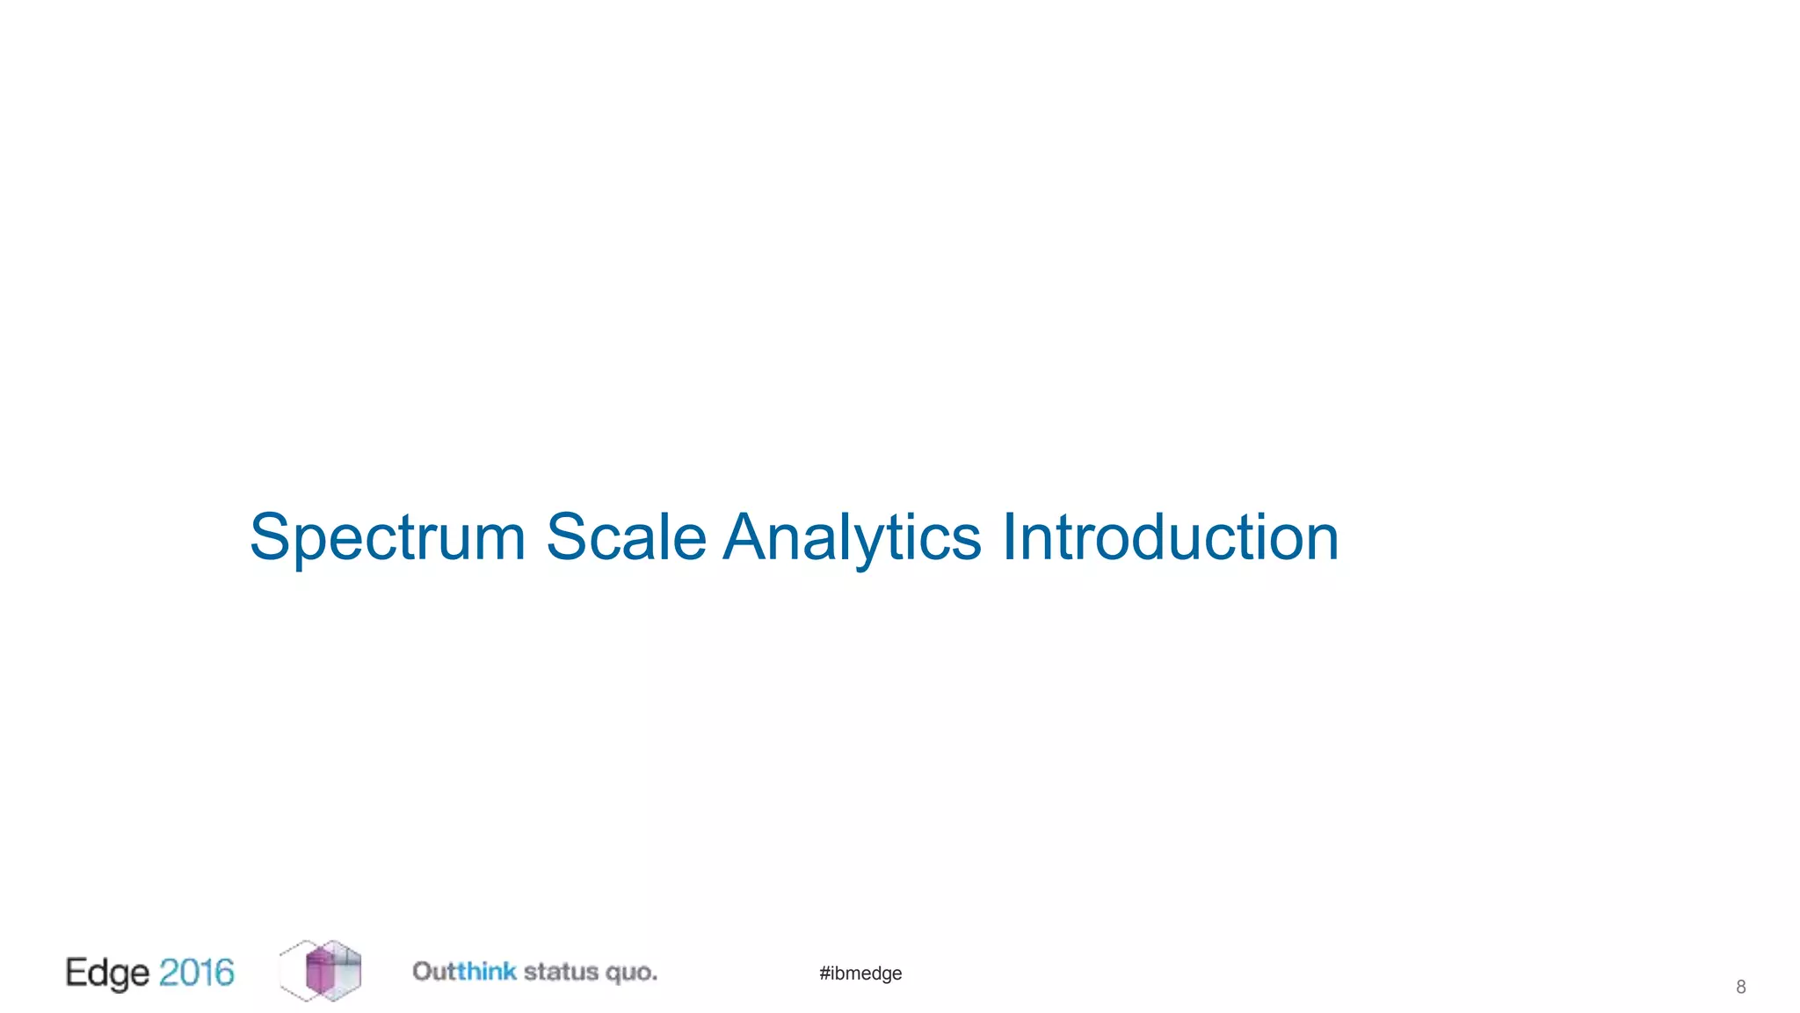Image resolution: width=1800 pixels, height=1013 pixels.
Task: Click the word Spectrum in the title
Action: (x=387, y=537)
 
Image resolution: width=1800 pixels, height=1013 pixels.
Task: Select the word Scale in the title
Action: (x=626, y=537)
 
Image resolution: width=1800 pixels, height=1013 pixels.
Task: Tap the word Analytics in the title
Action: (x=852, y=537)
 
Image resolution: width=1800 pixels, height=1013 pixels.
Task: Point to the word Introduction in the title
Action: (x=1170, y=537)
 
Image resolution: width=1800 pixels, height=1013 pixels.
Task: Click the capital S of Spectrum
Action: (x=270, y=537)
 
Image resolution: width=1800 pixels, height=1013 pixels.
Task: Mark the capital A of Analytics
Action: (x=747, y=537)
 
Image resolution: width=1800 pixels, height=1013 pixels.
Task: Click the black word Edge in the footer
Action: (x=107, y=973)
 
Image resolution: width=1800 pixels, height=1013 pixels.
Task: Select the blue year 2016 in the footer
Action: (x=197, y=973)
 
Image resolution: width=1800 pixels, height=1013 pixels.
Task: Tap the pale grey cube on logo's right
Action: (x=345, y=972)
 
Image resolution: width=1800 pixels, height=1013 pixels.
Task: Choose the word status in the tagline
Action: (x=561, y=972)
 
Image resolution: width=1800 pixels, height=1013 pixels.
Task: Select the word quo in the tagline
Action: (x=631, y=973)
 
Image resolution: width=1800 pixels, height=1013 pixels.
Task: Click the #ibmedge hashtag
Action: (x=860, y=973)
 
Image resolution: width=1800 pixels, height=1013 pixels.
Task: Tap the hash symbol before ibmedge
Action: (x=824, y=973)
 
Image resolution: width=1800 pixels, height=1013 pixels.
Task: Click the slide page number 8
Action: (x=1740, y=987)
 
